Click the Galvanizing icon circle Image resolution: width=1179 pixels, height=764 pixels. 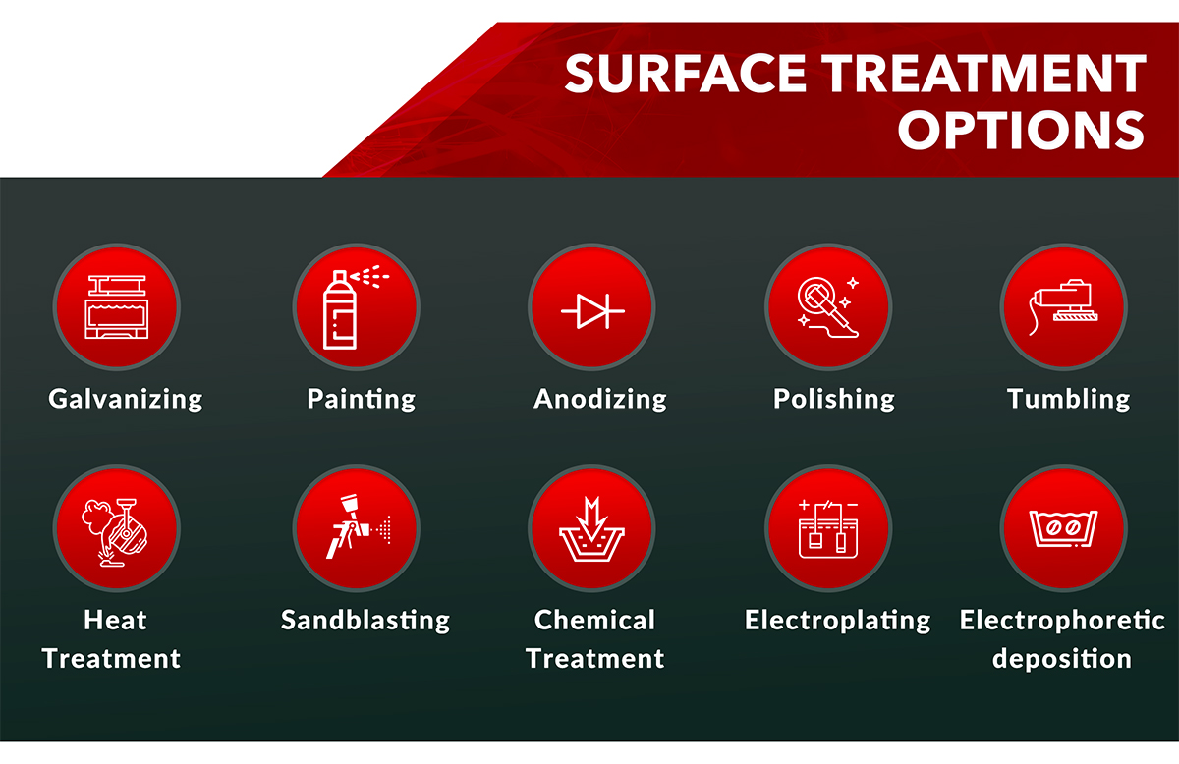pyautogui.click(x=116, y=306)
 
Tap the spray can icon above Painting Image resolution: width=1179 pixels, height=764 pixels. pyautogui.click(x=356, y=306)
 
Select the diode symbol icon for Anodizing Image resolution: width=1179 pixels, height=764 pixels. pyautogui.click(x=591, y=306)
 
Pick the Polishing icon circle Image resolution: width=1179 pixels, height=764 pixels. pyautogui.click(x=828, y=306)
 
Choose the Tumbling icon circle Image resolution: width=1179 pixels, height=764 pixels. pyautogui.click(x=1063, y=306)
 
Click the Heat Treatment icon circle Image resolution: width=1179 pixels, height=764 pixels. pyautogui.click(x=116, y=527)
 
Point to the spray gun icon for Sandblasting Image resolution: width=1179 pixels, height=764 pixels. pyautogui.click(x=356, y=527)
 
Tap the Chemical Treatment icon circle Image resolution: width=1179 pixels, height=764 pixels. pyautogui.click(x=591, y=527)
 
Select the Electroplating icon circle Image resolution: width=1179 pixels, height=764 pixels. pyautogui.click(x=828, y=527)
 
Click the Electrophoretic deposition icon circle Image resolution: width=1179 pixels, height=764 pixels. pyautogui.click(x=1063, y=527)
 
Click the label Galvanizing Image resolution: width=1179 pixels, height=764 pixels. pyautogui.click(x=126, y=399)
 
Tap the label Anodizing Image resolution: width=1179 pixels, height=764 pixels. pyautogui.click(x=600, y=399)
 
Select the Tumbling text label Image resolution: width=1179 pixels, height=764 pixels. pyautogui.click(x=1068, y=399)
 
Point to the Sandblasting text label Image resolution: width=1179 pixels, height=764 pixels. pyautogui.click(x=365, y=621)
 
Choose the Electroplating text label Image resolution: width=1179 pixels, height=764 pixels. pyautogui.click(x=837, y=621)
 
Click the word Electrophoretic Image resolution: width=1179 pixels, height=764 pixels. pyautogui.click(x=1062, y=621)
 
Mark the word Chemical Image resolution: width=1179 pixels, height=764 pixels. pyautogui.click(x=594, y=621)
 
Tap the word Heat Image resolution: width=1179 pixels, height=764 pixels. pyautogui.click(x=115, y=621)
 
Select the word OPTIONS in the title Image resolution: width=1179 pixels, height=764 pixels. pyautogui.click(x=1022, y=130)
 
